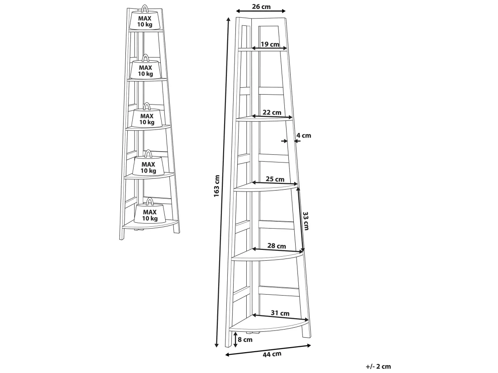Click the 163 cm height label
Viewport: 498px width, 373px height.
coord(217,186)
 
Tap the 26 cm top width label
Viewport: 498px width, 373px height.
coord(261,7)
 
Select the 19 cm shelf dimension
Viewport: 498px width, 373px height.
coord(270,44)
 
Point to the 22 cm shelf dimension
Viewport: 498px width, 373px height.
coord(272,112)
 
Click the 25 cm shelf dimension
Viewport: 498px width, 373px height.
coord(275,179)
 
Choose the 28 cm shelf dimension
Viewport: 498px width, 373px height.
coord(277,246)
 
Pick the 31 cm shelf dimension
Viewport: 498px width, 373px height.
coord(280,313)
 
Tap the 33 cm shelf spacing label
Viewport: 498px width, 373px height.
coord(306,220)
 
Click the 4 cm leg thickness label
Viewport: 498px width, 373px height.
coord(304,135)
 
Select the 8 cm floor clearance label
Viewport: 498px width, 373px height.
coord(245,340)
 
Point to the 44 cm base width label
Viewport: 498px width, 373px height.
coord(272,354)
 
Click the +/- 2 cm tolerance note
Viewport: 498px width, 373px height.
coord(378,367)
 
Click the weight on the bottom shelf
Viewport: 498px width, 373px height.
coord(149,212)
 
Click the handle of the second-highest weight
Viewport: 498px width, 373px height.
coord(145,57)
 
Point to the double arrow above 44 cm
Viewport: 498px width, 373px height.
coord(268,349)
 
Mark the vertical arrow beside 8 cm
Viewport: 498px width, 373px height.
coord(235,340)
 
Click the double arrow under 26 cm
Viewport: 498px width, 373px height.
coord(261,11)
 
